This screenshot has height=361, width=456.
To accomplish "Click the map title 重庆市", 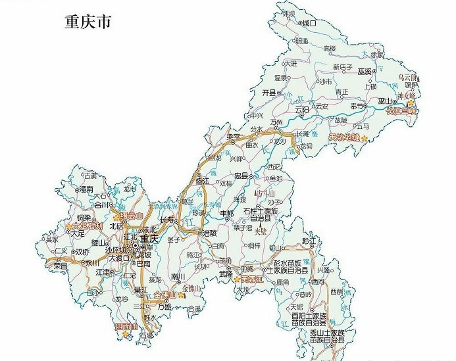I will click(x=88, y=22).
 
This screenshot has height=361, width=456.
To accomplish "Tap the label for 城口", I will click(x=309, y=23).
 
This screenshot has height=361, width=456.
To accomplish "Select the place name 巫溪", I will click(x=365, y=70).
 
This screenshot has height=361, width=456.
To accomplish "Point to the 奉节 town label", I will click(x=357, y=105).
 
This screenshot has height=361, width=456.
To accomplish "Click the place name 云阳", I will click(x=302, y=109).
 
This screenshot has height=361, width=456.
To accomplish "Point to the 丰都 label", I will click(x=227, y=214).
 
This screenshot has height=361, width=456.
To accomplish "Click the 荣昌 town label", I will click(x=61, y=267).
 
